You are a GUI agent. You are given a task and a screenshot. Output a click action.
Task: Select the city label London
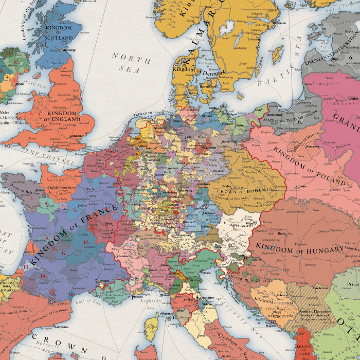point(76,136)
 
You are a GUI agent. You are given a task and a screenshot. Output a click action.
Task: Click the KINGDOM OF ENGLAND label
point(63,116)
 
